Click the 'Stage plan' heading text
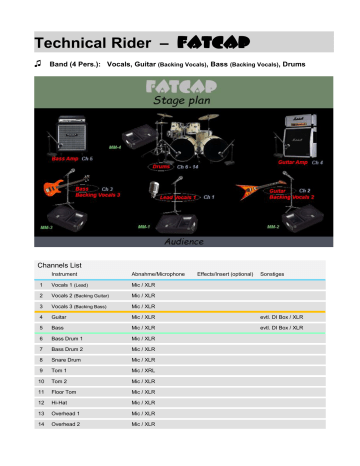(181, 101)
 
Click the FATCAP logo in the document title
(205, 44)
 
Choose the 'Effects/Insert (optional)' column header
(225, 273)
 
